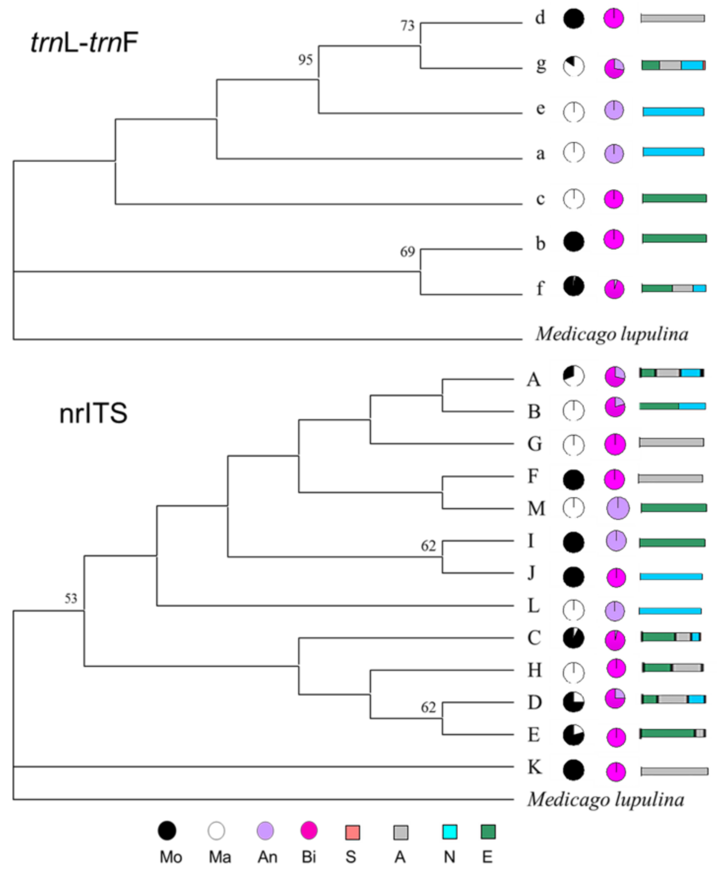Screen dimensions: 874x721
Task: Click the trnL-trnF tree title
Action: tap(84, 43)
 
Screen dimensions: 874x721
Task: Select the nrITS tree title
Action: tap(94, 414)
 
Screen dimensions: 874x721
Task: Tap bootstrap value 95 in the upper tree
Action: tap(305, 60)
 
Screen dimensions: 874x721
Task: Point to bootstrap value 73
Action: tap(407, 26)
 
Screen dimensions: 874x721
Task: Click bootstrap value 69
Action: tap(407, 252)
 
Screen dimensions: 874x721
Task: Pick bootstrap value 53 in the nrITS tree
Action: tap(71, 599)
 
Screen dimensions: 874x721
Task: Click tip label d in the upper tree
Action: tap(540, 18)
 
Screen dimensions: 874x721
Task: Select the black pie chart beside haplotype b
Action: tap(574, 242)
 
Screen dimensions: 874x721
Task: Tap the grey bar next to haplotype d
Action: tap(672, 18)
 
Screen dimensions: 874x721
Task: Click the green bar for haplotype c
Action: tap(675, 198)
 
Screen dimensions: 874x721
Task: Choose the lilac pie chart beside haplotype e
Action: tap(614, 110)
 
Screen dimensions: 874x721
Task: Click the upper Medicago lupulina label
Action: tap(612, 334)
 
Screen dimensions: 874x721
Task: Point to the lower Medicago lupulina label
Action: tap(606, 799)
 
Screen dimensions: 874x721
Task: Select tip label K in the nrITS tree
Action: tap(535, 767)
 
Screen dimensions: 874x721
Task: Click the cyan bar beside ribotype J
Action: tap(671, 577)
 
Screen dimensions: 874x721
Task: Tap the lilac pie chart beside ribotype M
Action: tap(618, 508)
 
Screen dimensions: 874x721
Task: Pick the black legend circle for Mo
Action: tap(167, 831)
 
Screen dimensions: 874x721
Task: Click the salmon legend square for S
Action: tap(353, 832)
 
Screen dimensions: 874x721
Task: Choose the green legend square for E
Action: tap(488, 832)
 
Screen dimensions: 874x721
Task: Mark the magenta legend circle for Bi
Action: tap(309, 831)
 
